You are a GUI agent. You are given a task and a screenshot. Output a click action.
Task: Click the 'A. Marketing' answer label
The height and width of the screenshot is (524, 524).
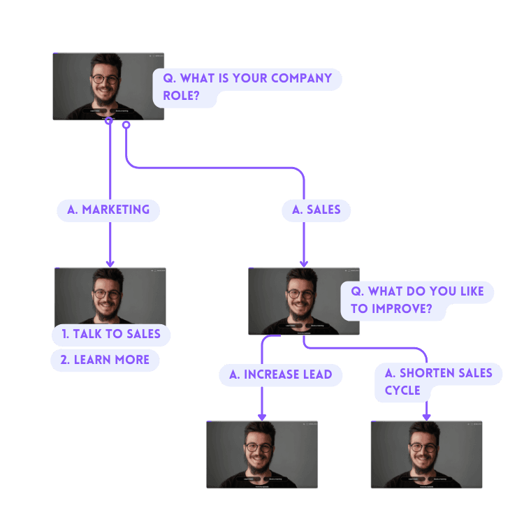coord(108,210)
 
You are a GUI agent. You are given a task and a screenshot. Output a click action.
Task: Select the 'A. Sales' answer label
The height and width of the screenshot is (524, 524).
coord(316,210)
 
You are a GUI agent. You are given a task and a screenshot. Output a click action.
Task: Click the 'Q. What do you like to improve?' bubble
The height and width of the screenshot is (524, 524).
coord(416,300)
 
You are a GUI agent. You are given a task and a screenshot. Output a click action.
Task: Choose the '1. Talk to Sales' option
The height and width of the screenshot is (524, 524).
coord(111,334)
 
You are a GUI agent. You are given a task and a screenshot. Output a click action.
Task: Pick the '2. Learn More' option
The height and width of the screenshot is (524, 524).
coord(105,360)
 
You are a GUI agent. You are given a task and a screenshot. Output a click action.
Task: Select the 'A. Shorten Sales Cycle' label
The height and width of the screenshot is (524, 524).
coord(438,382)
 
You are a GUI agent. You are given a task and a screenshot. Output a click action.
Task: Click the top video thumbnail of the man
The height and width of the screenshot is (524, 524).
coord(108,87)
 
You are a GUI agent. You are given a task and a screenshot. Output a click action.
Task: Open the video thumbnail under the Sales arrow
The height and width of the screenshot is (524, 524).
coord(304,301)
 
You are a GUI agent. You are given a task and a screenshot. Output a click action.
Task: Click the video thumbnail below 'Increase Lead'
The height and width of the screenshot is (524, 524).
coord(262,454)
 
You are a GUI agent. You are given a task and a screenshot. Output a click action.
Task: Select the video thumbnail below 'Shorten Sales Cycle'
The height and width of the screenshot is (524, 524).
coord(426,454)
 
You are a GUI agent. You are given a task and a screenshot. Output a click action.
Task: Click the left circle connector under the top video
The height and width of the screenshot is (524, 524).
coord(109,122)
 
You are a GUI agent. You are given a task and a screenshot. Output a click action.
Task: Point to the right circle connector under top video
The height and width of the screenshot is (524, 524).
coord(126,125)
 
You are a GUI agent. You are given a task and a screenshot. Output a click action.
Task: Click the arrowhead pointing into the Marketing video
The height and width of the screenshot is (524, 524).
coord(110,263)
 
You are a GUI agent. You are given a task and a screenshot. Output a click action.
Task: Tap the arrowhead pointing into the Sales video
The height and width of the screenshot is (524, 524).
coord(304,263)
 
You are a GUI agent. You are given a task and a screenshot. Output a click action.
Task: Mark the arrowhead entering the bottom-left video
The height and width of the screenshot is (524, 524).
coord(262,416)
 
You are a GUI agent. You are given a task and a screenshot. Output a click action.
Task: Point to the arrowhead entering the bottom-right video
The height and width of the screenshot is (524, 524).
coord(426,416)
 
